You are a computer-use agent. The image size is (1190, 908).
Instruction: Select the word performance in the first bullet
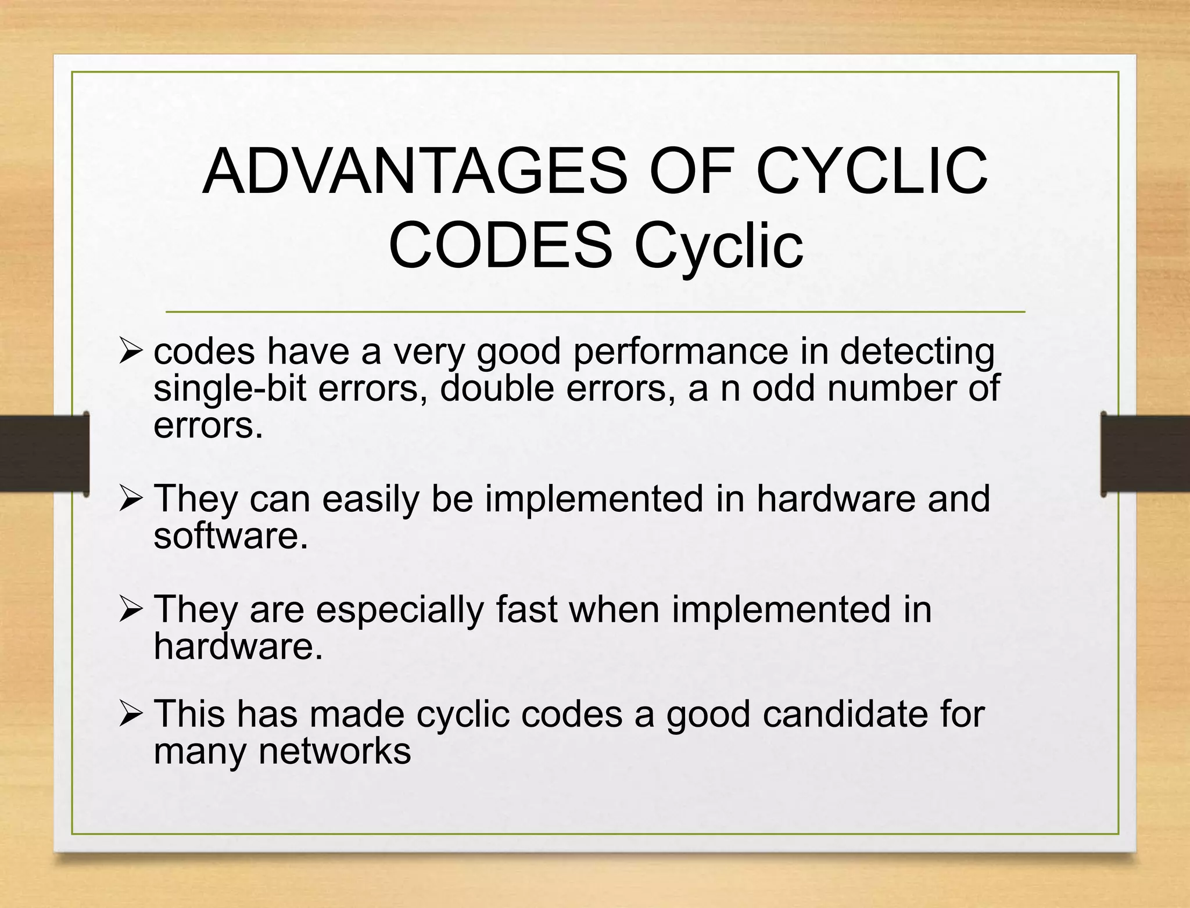pos(680,353)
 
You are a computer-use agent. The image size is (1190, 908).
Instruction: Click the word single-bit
pos(230,389)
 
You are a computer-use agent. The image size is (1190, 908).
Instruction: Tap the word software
pos(230,536)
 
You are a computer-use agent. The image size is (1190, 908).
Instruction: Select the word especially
pos(400,610)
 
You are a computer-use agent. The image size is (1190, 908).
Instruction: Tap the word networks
pos(334,751)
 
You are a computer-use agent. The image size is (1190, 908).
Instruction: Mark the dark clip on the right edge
pos(1145,454)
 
